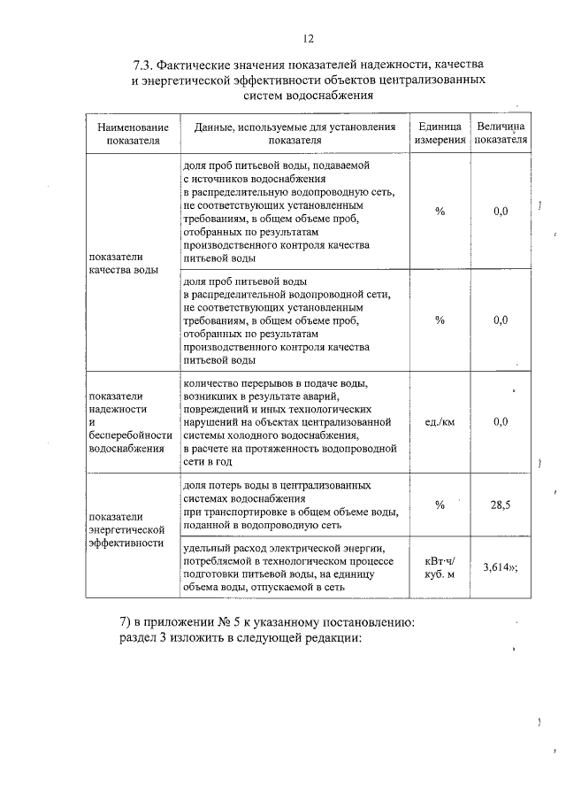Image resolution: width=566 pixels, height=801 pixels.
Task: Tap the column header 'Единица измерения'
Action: point(440,134)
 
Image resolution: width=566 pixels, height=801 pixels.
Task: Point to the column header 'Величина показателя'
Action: point(501,134)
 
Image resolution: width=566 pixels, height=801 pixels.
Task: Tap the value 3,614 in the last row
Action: point(498,567)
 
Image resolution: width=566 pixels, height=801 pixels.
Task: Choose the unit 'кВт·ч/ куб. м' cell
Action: point(440,567)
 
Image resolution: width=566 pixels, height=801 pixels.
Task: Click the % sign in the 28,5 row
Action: point(440,504)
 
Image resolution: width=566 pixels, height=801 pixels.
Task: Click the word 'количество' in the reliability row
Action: point(210,383)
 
